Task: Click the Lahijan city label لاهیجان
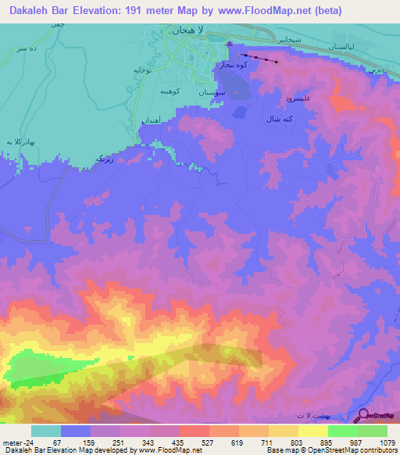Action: click(186, 32)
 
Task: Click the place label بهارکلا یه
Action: click(20, 142)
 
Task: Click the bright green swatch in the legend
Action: click(342, 431)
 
